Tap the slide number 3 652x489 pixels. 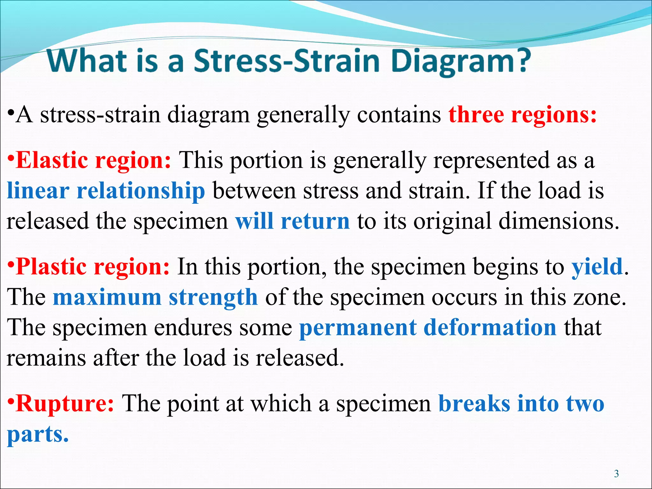point(616,474)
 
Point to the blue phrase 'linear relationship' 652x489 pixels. point(106,191)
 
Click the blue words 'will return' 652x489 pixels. point(292,221)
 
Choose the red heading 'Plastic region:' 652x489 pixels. point(93,266)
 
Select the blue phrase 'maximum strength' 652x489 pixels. point(155,297)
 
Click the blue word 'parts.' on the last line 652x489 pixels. point(38,434)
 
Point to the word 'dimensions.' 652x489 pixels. point(559,221)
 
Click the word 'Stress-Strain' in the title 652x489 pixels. point(287,61)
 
